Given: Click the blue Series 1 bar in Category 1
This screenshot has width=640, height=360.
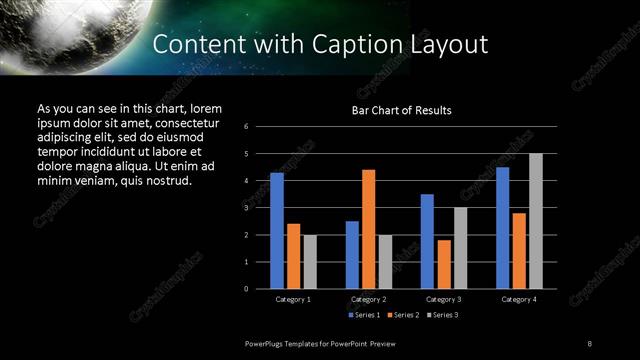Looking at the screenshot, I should point(277,231).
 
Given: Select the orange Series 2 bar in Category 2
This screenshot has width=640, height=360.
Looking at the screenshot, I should point(369,229).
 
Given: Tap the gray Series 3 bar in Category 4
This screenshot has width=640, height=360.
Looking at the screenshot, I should point(536,221).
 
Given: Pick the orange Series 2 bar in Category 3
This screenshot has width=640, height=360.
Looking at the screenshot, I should point(444,264).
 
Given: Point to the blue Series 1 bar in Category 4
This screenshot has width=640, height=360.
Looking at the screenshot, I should point(502,228).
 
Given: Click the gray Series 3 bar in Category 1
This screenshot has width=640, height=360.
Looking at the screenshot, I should point(310,262).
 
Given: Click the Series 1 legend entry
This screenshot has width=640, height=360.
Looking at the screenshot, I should point(364,315).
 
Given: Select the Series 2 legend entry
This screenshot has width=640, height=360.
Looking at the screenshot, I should point(405,315).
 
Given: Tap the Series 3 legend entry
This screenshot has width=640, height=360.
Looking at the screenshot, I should point(445,315).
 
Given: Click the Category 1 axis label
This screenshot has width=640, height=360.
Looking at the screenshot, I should point(293,299).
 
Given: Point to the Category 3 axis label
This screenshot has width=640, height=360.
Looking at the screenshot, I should point(444,299).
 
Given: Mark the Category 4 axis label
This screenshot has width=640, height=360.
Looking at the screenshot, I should point(519,299).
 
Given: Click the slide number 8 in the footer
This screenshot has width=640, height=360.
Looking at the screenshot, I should point(589,343).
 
